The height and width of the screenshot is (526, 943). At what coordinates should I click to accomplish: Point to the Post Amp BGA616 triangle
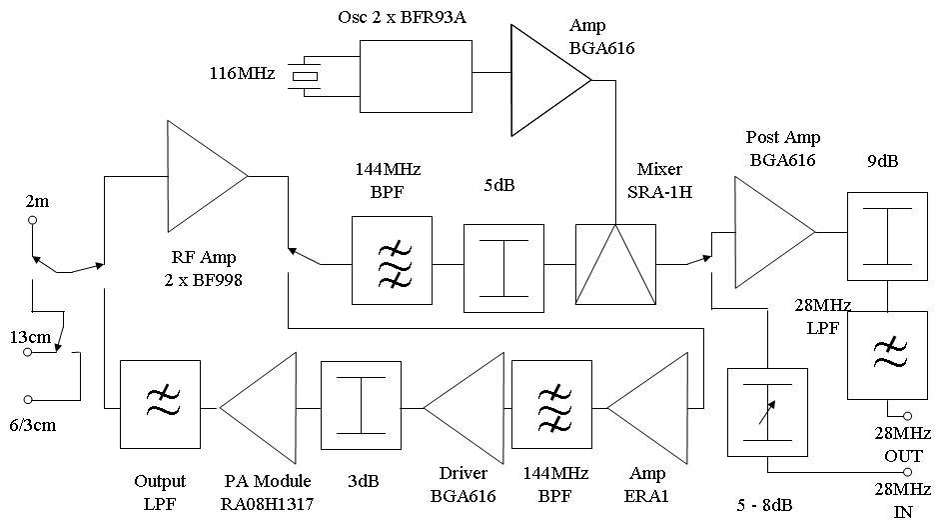coord(768,232)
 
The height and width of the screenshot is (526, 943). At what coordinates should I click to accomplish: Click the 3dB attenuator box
coord(361,405)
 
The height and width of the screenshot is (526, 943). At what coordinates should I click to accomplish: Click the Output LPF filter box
coord(160,405)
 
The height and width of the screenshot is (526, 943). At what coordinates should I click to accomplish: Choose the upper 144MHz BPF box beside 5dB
coord(392,260)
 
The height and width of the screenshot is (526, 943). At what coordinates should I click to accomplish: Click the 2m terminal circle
coord(32,220)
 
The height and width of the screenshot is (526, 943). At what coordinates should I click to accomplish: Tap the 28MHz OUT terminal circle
coord(907,415)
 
